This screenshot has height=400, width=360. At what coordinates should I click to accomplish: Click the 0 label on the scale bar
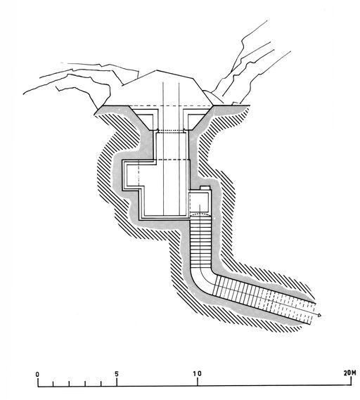coord(37,375)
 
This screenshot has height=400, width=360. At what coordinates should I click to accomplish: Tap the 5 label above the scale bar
coord(117,374)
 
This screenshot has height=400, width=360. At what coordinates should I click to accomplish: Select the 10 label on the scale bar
coord(197,374)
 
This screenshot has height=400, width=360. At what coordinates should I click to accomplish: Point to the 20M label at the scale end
coord(349,373)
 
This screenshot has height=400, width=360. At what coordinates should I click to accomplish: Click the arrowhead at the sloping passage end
coord(319,316)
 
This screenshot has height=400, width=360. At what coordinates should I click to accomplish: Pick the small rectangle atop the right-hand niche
coord(205,188)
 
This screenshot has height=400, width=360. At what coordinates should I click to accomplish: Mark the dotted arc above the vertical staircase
coord(200,214)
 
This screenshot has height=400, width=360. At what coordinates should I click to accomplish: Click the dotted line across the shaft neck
coord(171,131)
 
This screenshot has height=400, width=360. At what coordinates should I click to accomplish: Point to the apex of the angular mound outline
coord(156,70)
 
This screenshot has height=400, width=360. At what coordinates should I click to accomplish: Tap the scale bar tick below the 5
coord(117,382)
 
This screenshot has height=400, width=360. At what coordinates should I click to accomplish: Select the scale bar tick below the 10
coord(198,382)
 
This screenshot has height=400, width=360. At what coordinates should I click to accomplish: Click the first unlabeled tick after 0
coord(53,383)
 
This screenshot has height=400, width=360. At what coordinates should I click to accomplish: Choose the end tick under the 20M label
coord(352,381)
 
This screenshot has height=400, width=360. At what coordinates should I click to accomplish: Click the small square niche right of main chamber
coord(200,202)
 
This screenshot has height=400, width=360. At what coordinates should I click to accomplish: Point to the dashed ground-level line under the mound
coord(171,106)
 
